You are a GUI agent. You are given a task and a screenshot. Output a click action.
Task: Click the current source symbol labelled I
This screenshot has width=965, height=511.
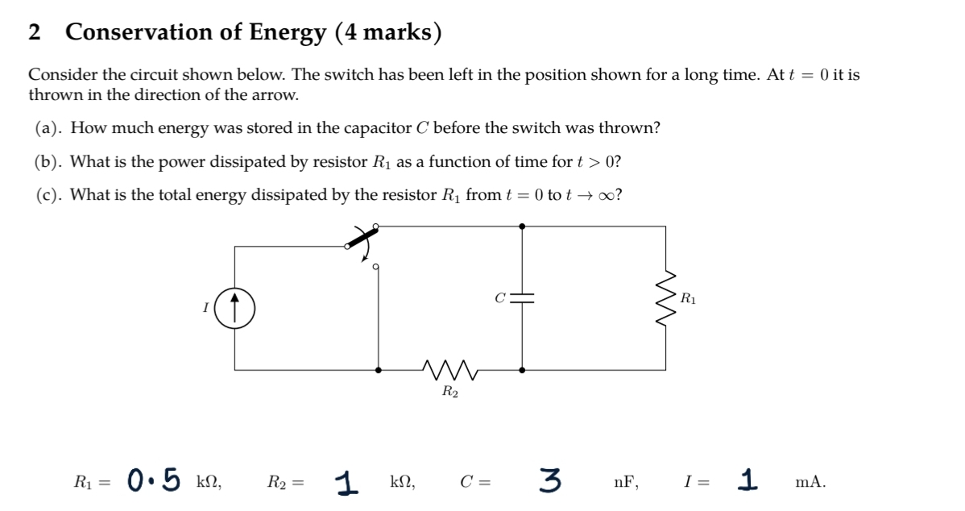coord(235,308)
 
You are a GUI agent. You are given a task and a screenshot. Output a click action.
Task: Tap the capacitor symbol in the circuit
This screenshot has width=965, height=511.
coord(523,298)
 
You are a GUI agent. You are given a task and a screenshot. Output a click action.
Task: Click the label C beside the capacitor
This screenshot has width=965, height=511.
coord(499,298)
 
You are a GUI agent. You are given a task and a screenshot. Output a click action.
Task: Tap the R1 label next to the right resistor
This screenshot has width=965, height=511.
coord(689,298)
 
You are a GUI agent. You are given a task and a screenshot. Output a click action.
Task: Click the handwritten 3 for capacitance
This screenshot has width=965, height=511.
coord(551,480)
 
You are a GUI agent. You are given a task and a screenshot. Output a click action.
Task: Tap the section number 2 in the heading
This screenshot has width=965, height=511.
coord(35,32)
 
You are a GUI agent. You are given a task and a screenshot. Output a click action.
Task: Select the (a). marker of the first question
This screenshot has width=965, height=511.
coord(50,128)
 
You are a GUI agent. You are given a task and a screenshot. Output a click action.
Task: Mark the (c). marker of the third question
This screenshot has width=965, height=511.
coord(50,195)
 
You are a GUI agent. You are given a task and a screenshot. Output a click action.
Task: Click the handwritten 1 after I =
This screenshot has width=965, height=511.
coord(751,480)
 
